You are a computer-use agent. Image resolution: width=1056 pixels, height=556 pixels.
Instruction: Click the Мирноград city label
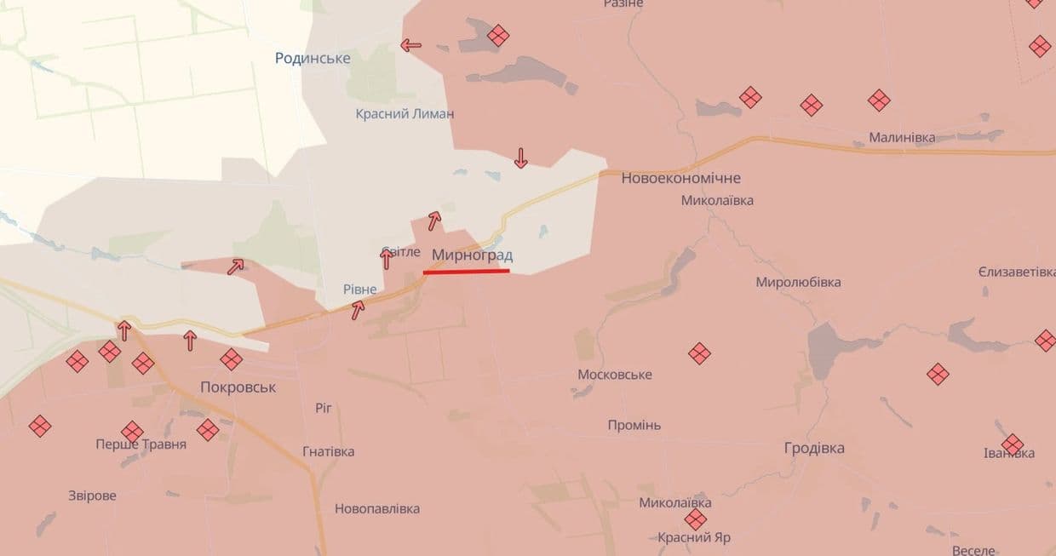tap(472, 255)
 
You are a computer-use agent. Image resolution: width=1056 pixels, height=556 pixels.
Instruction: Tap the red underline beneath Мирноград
tap(466, 272)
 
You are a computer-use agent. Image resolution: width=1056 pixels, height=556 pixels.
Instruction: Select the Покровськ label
tap(238, 387)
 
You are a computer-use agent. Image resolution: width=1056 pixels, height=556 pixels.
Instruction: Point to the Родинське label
tap(313, 58)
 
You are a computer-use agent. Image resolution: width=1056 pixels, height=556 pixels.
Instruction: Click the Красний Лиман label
tap(405, 113)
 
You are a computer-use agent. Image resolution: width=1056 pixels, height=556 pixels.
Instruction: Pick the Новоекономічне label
tap(680, 178)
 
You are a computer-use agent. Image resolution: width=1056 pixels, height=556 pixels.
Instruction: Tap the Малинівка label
tap(901, 137)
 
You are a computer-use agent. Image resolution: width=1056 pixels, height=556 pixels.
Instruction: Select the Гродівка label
tap(814, 448)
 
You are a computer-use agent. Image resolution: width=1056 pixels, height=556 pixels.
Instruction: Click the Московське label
tap(614, 375)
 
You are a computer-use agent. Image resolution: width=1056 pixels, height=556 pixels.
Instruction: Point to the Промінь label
tap(634, 425)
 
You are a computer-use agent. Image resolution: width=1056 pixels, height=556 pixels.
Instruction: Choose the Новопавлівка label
tap(376, 508)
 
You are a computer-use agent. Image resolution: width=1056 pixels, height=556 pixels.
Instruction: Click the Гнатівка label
tap(328, 451)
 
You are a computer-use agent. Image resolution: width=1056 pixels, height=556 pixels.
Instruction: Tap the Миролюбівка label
tap(798, 282)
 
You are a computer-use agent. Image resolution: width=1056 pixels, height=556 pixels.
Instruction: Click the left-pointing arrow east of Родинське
tap(411, 45)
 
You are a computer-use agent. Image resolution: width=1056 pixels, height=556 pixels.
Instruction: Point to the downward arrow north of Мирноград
tap(520, 158)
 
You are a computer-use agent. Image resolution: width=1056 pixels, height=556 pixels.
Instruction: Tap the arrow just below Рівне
tap(359, 310)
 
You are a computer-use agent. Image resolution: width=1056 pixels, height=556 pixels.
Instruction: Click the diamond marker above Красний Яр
tap(696, 519)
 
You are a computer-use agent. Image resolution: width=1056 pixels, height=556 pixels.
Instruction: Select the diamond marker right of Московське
tap(699, 353)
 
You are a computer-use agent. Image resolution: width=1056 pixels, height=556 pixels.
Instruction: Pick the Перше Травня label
tap(141, 444)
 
